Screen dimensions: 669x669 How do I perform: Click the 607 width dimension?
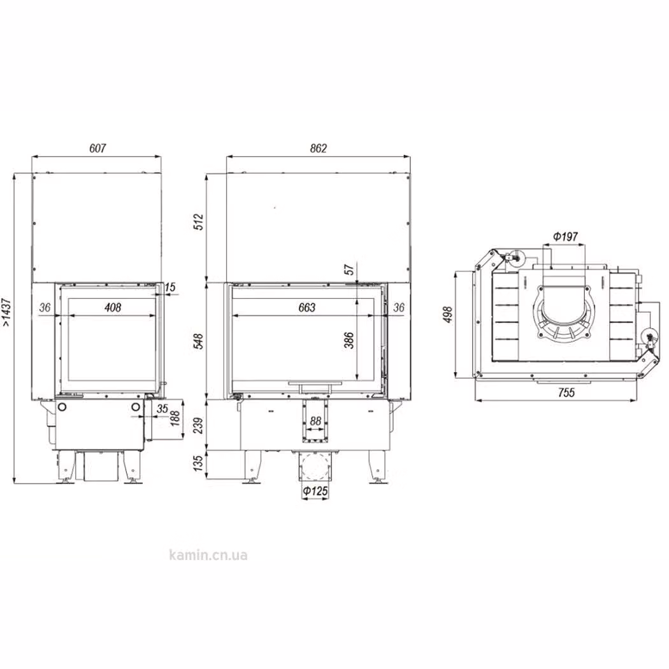click(x=97, y=148)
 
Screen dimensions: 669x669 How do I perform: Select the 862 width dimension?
click(x=319, y=148)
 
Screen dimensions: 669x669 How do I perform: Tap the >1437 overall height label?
click(x=7, y=313)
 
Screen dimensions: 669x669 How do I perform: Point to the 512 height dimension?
click(x=199, y=222)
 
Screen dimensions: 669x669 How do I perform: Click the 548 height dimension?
click(x=199, y=342)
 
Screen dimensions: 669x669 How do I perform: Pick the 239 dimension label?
click(x=199, y=426)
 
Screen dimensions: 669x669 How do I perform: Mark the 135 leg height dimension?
click(x=199, y=463)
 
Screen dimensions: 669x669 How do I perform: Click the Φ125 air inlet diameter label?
click(x=315, y=491)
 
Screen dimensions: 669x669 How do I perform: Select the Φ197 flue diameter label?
click(x=565, y=236)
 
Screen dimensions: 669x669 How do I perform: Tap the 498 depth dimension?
click(x=447, y=315)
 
